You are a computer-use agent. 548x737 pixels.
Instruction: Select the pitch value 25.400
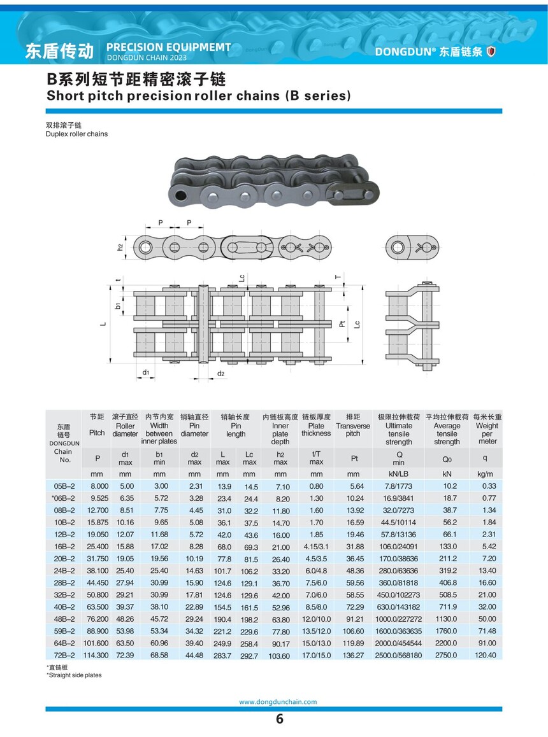97,547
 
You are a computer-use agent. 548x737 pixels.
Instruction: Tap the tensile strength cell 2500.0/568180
399,655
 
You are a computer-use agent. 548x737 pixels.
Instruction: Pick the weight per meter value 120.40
486,655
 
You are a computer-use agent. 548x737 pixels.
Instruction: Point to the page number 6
279,720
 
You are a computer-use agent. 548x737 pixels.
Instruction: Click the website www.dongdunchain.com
278,702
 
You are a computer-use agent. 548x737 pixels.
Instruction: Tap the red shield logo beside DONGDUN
491,52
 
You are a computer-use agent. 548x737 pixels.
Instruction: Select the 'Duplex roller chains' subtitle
76,134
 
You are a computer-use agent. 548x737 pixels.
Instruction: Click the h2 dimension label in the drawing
119,246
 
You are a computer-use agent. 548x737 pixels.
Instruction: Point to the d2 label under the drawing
221,373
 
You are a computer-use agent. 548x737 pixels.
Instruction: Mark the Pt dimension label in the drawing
342,323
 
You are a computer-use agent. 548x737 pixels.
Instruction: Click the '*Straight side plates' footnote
74,675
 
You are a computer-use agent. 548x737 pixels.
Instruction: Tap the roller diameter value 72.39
125,655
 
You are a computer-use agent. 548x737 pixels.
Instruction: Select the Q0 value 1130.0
447,619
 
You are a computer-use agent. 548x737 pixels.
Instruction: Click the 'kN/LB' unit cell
399,474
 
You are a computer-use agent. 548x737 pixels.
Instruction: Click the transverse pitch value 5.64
353,486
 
